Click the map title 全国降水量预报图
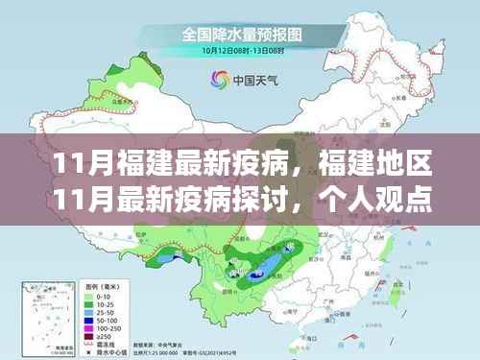coord(240,33)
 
